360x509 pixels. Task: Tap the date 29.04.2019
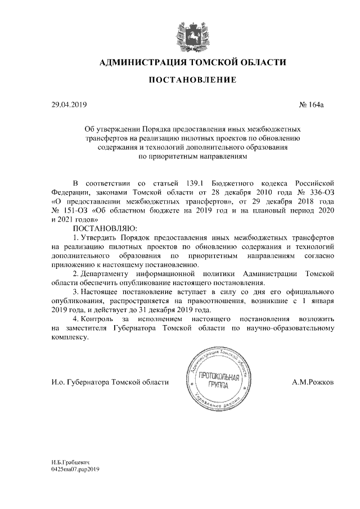(66, 105)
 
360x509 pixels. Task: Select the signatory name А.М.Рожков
(314, 382)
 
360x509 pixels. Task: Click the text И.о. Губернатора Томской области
(110, 382)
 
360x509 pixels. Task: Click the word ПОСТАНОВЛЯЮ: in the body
(105, 229)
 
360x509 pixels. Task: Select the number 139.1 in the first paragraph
(196, 184)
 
